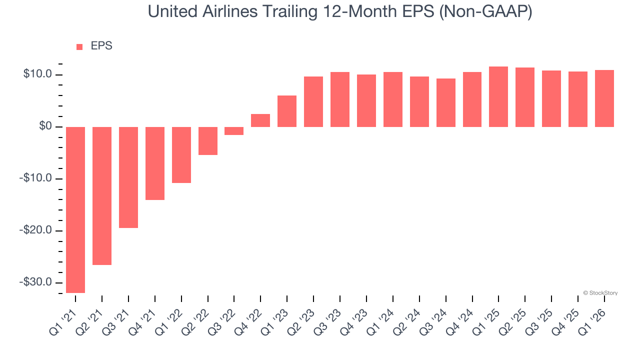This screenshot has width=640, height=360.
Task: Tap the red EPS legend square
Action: [79, 47]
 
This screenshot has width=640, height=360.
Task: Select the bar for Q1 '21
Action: [75, 209]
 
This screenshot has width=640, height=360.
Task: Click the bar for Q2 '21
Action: [102, 195]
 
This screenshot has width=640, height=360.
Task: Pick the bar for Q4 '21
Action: [155, 163]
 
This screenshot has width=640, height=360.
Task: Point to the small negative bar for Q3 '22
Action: [234, 131]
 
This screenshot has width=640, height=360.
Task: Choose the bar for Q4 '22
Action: [260, 120]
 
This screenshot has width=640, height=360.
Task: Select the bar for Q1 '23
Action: [287, 111]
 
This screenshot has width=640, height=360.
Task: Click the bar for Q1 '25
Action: [498, 96]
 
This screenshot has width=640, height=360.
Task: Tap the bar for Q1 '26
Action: [604, 98]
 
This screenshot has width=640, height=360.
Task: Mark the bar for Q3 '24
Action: [445, 102]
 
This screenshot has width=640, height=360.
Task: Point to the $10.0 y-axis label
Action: [37, 74]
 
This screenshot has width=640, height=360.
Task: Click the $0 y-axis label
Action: [45, 126]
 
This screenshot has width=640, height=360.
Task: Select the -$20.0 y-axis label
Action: [35, 230]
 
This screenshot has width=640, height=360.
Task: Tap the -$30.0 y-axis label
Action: [35, 282]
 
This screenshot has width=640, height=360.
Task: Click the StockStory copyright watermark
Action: [600, 293]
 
